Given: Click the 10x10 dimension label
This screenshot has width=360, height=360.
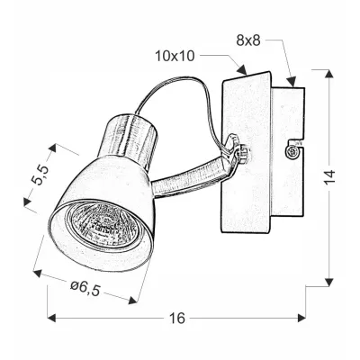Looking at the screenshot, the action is pyautogui.click(x=175, y=57).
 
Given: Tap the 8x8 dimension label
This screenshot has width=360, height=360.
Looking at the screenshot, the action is pyautogui.click(x=247, y=40).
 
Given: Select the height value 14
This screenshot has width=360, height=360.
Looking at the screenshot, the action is pyautogui.click(x=329, y=177).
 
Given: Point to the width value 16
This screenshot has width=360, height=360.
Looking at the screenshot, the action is pyautogui.click(x=177, y=318).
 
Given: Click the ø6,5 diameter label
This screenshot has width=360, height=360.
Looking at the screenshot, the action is pyautogui.click(x=85, y=288).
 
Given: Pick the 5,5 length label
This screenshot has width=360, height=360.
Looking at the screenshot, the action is pyautogui.click(x=41, y=175).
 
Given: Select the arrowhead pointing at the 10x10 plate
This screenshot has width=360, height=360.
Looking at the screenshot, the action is pyautogui.click(x=241, y=69).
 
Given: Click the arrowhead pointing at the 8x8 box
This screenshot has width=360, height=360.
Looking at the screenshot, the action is pyautogui.click(x=292, y=82).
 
